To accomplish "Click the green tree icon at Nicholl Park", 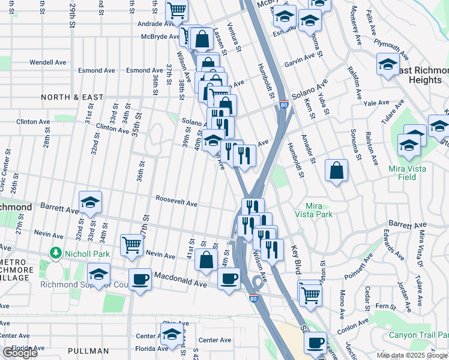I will pyautogui.click(x=56, y=253).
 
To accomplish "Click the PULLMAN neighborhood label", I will pyautogui.click(x=88, y=350).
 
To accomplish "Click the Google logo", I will pyautogui.click(x=20, y=353).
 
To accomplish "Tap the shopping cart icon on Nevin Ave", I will pyautogui.click(x=132, y=244).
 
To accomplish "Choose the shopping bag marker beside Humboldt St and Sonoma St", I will pyautogui.click(x=337, y=170).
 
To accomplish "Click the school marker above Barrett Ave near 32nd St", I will pyautogui.click(x=91, y=202).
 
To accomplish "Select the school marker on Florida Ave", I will pyautogui.click(x=172, y=334).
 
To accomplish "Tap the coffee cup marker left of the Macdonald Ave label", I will pyautogui.click(x=140, y=279).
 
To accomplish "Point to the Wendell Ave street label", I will pyautogui.click(x=48, y=62).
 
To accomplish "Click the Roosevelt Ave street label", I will pyautogui.click(x=176, y=204).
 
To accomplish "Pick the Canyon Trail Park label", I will pyautogui.click(x=418, y=335).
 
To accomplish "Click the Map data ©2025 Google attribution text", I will pyautogui.click(x=412, y=355).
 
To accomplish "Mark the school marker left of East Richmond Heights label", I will pyautogui.click(x=388, y=64).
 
